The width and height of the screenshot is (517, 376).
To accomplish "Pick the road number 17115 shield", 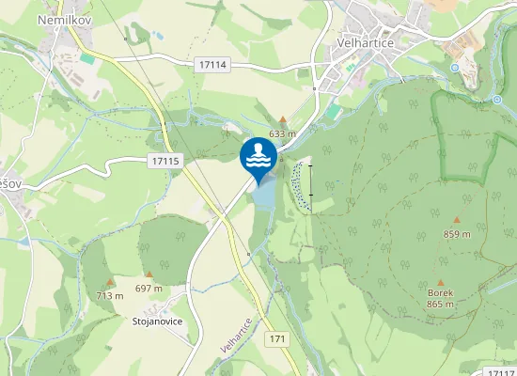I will point(164,162).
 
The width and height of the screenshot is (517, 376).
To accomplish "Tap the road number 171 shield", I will point(276,337).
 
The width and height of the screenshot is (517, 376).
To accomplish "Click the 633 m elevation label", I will point(282,134).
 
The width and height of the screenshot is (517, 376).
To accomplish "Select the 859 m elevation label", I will point(456,235).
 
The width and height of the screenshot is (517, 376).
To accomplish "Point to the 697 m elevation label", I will point(149,288).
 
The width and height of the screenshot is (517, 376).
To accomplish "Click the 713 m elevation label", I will point(109,295).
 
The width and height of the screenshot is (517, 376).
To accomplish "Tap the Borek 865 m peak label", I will point(440,298).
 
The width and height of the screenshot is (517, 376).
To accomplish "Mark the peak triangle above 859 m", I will point(456,221).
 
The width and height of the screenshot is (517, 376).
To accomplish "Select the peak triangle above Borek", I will point(440,280).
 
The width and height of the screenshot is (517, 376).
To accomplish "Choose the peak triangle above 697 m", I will point(149,274).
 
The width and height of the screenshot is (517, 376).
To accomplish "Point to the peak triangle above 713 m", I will point(109,281).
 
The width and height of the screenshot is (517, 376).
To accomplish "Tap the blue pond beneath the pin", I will point(265,193).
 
